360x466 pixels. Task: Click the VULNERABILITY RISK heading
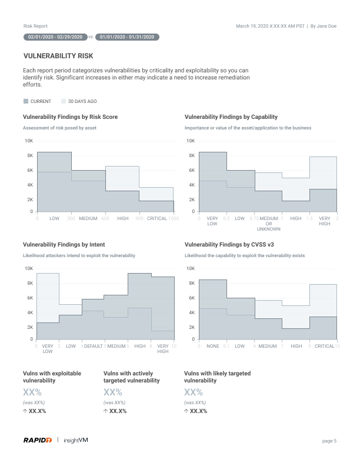tap(58, 56)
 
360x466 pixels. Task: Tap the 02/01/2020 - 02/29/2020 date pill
tap(55, 37)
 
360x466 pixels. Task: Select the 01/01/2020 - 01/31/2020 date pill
tap(126, 37)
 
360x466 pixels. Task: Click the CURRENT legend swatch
tap(26, 101)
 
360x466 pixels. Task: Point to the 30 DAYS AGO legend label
tap(82, 101)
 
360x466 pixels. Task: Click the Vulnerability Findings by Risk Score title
tap(70, 117)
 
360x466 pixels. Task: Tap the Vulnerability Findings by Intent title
tap(64, 244)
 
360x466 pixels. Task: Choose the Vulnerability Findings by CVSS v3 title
tap(229, 244)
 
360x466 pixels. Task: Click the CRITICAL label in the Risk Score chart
tap(157, 218)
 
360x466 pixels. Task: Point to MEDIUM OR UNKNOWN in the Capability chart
tap(269, 223)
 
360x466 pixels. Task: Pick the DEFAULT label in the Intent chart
tap(94, 346)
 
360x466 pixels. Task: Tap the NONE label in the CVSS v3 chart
tap(212, 346)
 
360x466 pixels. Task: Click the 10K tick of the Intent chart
tap(28, 268)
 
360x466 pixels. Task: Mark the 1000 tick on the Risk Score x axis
tap(174, 218)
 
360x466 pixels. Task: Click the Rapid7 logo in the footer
tap(38, 440)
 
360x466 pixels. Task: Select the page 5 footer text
tap(329, 440)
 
